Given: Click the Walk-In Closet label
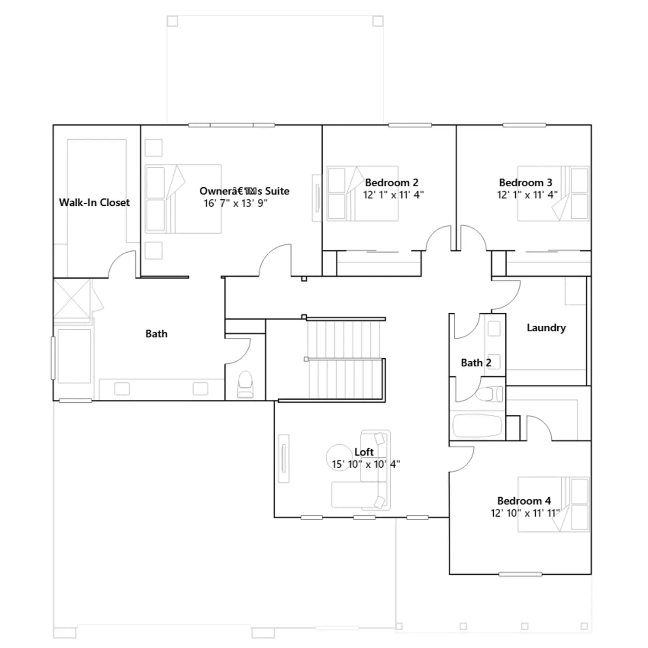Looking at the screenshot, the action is (x=94, y=202).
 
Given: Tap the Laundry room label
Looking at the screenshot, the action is (x=546, y=328).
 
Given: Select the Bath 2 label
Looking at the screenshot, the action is (x=476, y=363).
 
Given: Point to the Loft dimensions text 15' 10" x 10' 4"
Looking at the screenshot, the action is (x=366, y=464).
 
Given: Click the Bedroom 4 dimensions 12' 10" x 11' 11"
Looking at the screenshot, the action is (x=525, y=513).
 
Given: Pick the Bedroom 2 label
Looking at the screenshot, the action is (x=392, y=183).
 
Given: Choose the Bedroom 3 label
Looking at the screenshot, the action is (x=525, y=183).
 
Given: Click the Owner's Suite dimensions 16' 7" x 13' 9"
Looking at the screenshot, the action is (x=235, y=203).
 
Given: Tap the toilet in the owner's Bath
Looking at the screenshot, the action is (x=245, y=384).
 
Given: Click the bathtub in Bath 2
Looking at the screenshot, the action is (x=477, y=425).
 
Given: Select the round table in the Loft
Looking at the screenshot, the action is (x=339, y=457).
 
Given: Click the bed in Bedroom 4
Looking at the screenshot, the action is (x=553, y=504).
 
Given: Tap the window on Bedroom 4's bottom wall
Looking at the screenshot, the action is (x=520, y=574).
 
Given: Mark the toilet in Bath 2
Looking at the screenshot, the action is (x=489, y=394).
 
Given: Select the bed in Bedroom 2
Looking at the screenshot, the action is (x=362, y=193).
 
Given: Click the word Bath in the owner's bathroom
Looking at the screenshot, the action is (x=156, y=334).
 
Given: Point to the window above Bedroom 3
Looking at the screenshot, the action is (x=524, y=125).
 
